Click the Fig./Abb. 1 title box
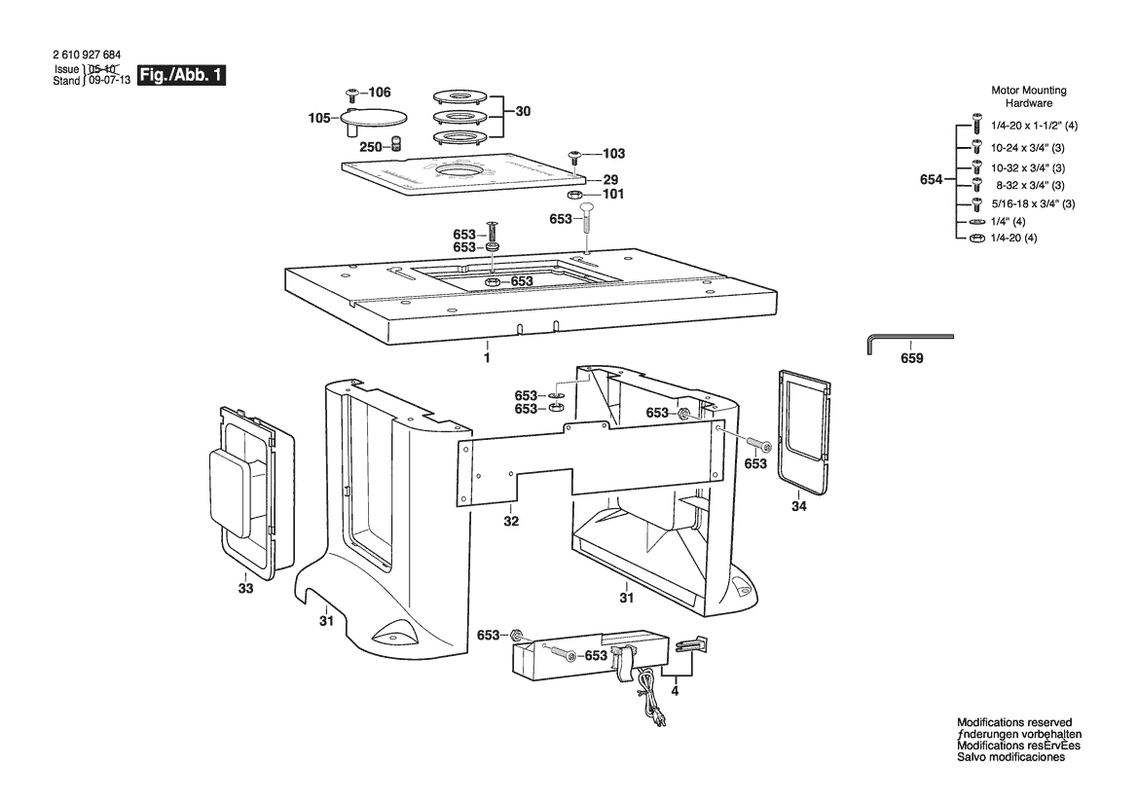pyautogui.click(x=181, y=75)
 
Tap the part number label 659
pyautogui.click(x=911, y=358)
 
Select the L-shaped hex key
pyautogui.click(x=910, y=344)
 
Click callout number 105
pyautogui.click(x=319, y=118)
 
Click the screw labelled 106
pyautogui.click(x=352, y=94)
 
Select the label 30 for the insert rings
pyautogui.click(x=523, y=111)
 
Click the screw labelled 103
pyautogui.click(x=574, y=156)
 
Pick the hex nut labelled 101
pyautogui.click(x=573, y=196)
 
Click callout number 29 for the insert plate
pyautogui.click(x=610, y=180)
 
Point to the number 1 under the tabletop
pyautogui.click(x=487, y=358)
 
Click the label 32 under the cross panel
pyautogui.click(x=511, y=521)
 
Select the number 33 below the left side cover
pyautogui.click(x=246, y=588)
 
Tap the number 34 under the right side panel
pyautogui.click(x=798, y=506)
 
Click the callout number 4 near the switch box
pyautogui.click(x=675, y=691)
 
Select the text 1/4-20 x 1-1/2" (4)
pyautogui.click(x=1034, y=126)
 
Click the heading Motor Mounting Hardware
pyautogui.click(x=1029, y=96)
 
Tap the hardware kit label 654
pyautogui.click(x=932, y=179)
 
